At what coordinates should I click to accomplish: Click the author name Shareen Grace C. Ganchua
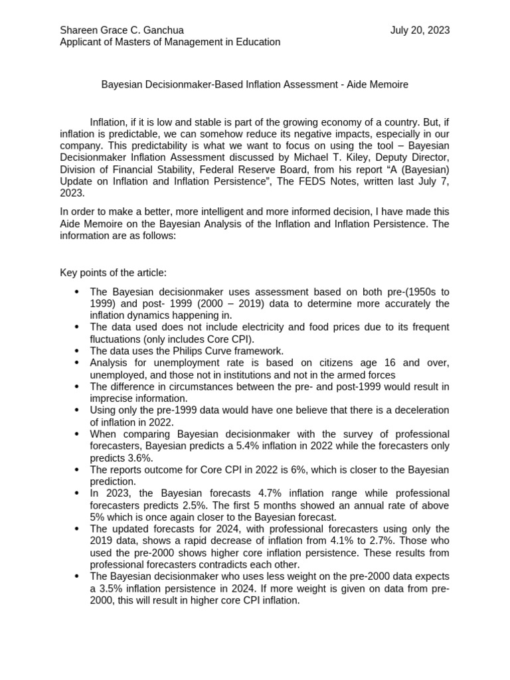coord(122,30)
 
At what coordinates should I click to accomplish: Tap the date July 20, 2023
coord(420,30)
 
